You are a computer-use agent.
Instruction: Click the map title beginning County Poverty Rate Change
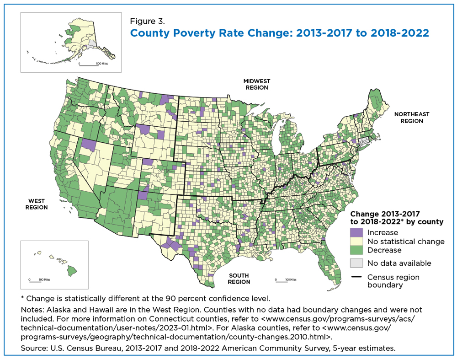tap(280, 32)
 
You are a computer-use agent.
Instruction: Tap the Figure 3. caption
tap(147, 21)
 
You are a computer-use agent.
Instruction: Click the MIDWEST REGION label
tap(257, 84)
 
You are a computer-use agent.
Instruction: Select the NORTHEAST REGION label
tap(412, 118)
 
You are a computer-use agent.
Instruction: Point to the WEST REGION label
tap(37, 204)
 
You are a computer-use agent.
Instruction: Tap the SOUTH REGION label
tap(239, 279)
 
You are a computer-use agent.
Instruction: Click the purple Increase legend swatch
tap(356, 232)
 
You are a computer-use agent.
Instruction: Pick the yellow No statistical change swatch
tap(356, 241)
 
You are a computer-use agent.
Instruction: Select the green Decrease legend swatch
tap(356, 250)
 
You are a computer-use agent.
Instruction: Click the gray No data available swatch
tap(356, 263)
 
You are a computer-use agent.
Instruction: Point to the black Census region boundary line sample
tap(356, 277)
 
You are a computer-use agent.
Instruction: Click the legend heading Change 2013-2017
tap(385, 214)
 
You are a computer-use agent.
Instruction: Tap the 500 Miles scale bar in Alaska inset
tap(89, 65)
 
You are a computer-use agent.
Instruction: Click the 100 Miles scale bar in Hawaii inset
tap(35, 281)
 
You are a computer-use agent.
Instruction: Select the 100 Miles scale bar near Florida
tap(281, 281)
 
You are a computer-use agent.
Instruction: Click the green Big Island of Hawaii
tap(72, 271)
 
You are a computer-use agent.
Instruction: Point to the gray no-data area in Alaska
tap(91, 44)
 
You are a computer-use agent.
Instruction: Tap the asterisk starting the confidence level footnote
tap(22, 298)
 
